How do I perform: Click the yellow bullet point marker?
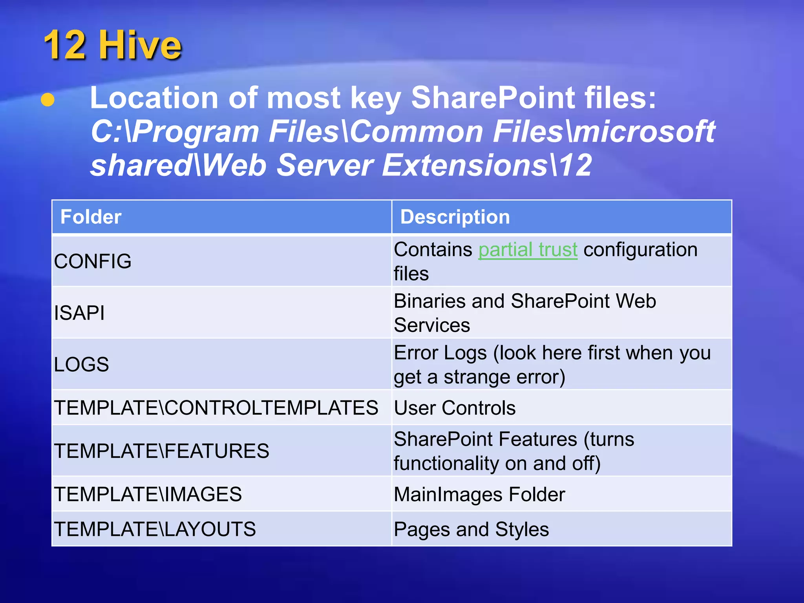coord(48,100)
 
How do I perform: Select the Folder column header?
coord(91,217)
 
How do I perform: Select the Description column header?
coord(455,217)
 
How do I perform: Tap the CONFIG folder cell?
coord(93,261)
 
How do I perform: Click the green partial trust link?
coord(528,250)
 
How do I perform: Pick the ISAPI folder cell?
coord(79,313)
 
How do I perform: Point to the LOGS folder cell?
coord(81,364)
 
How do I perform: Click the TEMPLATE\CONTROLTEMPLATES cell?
coord(216,407)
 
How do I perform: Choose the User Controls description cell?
coord(455,408)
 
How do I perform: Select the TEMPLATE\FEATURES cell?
coord(161,451)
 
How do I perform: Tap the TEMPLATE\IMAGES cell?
coord(148,494)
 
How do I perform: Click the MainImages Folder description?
coord(479,494)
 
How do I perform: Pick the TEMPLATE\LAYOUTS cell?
coord(155,529)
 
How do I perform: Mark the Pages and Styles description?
coord(471,529)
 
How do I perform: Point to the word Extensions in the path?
coord(465,165)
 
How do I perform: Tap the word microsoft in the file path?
coord(644,132)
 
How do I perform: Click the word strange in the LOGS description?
coord(476,377)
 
